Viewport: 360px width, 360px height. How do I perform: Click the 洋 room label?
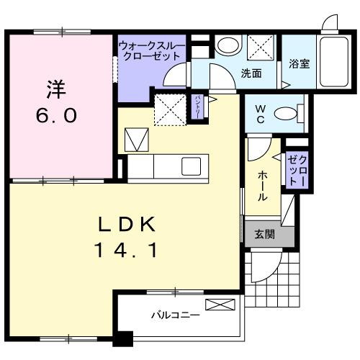57,90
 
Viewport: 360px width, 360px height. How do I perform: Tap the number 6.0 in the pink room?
57,115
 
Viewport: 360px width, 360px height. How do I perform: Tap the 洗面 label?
251,73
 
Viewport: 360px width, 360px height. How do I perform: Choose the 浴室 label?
300,63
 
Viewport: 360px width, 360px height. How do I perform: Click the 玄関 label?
264,234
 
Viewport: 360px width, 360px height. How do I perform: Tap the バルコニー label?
170,314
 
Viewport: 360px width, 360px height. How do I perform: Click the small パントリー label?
199,106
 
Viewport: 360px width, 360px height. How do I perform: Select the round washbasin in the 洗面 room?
228,45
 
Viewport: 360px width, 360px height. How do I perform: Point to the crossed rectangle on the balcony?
219,305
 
